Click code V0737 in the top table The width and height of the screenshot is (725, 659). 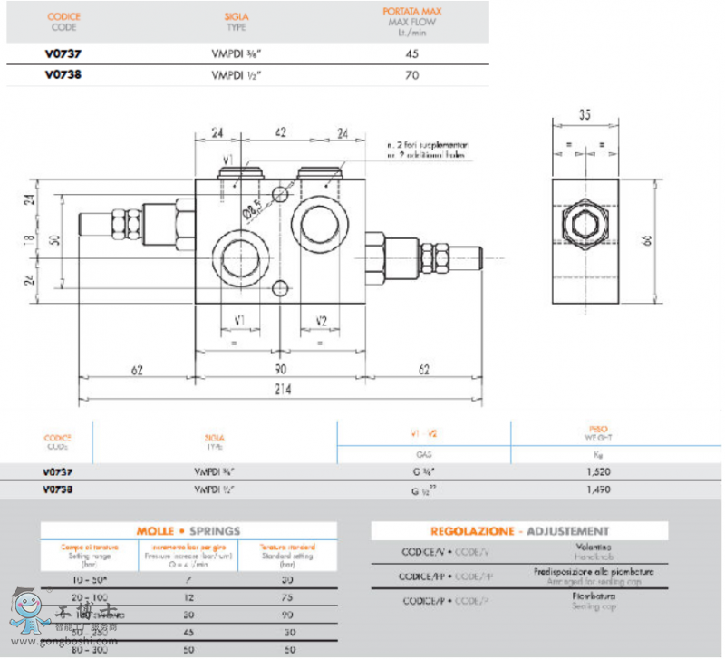pyautogui.click(x=63, y=53)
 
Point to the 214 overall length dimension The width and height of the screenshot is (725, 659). pyautogui.click(x=282, y=389)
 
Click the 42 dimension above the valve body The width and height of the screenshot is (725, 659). pyautogui.click(x=281, y=132)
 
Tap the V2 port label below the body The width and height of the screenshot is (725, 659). pyautogui.click(x=321, y=321)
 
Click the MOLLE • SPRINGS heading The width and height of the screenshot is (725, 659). pyautogui.click(x=187, y=531)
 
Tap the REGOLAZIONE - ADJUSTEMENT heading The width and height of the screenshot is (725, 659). pyautogui.click(x=519, y=531)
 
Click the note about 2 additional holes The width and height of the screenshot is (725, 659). pyautogui.click(x=428, y=149)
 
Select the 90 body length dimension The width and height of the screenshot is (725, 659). pyautogui.click(x=282, y=370)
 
